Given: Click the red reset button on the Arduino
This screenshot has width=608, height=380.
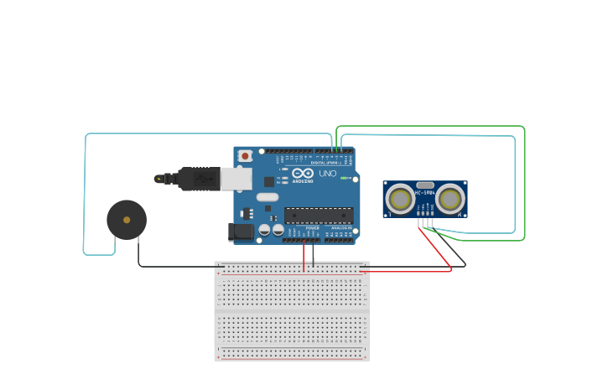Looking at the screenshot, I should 245,155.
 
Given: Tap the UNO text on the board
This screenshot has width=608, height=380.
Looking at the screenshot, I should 327,174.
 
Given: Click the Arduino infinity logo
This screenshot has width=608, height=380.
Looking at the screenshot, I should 303,173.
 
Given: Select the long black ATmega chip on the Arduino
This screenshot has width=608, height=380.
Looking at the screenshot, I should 318,216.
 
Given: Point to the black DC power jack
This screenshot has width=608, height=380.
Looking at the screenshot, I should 242,232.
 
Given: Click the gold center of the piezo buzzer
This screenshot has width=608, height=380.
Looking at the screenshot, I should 127,220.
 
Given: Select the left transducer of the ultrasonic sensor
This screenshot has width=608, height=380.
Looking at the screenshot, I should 400,199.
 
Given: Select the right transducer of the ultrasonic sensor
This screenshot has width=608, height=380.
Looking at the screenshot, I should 450,199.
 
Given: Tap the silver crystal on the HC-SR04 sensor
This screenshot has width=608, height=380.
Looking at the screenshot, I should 425,185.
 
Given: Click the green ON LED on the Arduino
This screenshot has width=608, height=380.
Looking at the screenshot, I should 344,178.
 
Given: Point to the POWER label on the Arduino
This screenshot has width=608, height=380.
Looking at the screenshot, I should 312,227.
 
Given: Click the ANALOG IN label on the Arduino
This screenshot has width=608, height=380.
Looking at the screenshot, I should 340,227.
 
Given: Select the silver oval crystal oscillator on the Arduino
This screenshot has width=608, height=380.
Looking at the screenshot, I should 267,198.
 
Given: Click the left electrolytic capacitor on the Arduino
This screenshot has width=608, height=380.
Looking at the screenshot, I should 264,229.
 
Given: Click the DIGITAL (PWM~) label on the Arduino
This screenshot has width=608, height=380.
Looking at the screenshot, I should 324,162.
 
